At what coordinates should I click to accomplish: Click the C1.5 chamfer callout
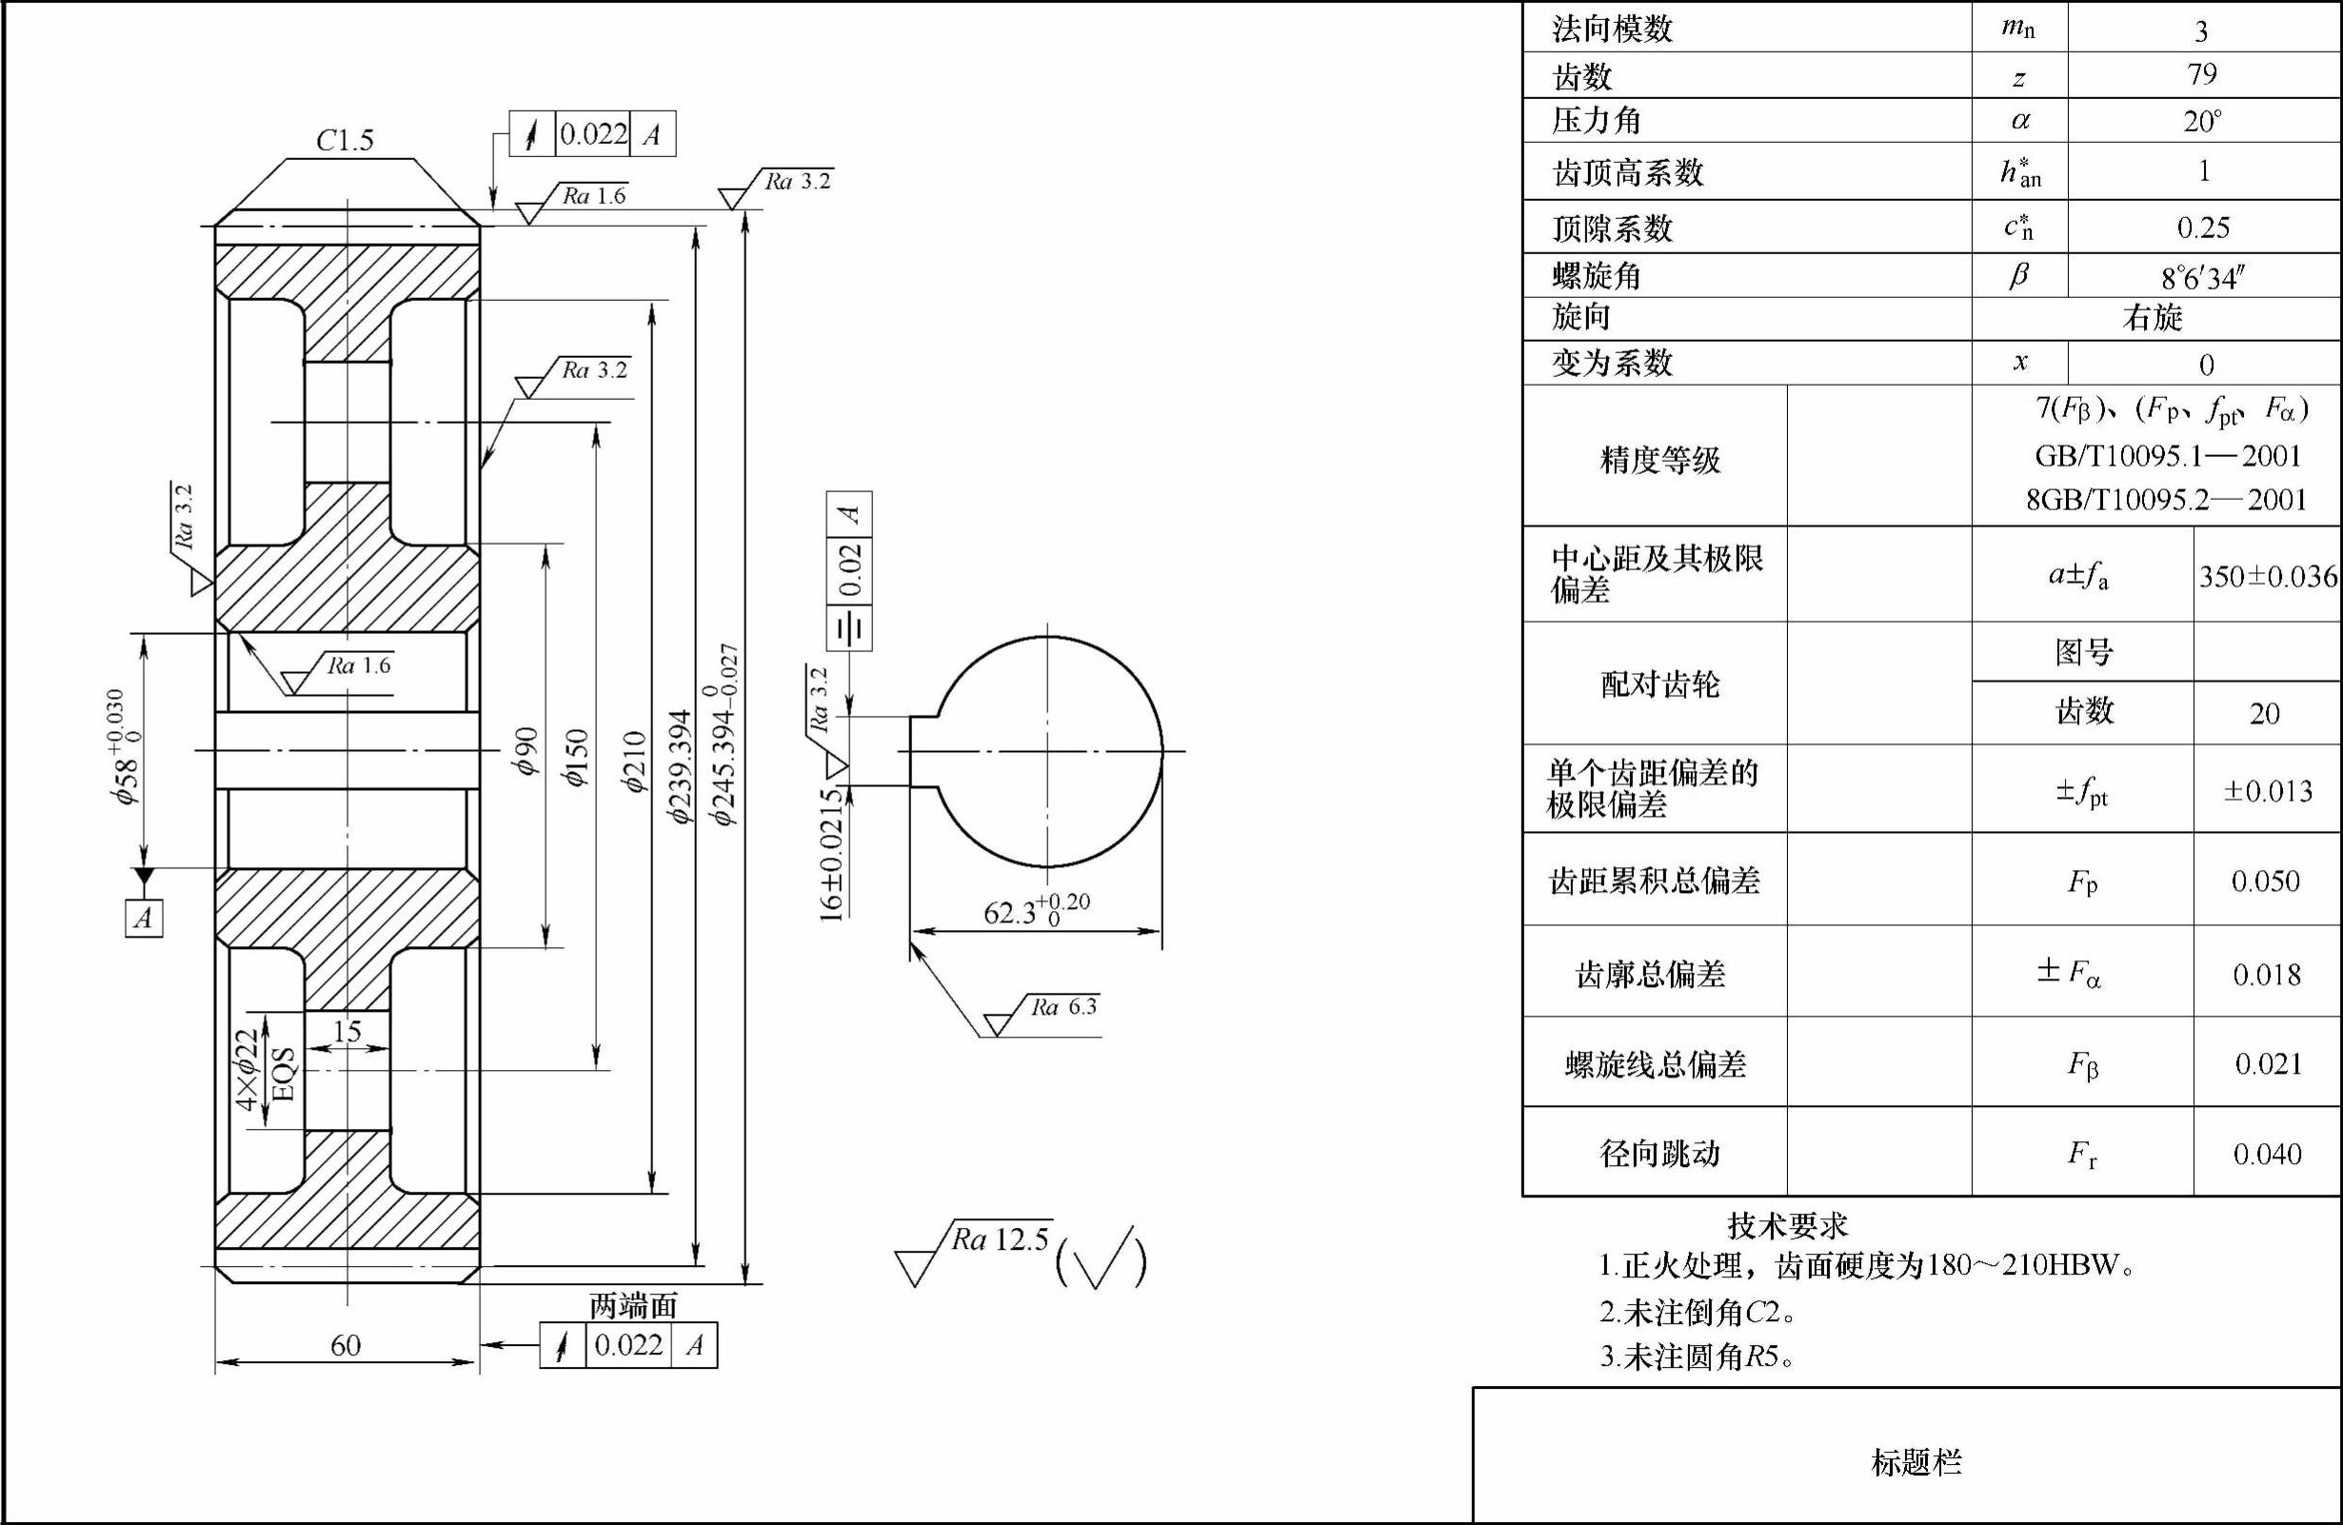345,141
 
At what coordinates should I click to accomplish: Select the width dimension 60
346,1345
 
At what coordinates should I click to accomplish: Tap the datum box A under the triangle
144,918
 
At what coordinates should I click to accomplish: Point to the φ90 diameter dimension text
526,750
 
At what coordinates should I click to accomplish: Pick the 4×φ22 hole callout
248,1069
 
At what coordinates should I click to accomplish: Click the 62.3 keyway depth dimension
1035,910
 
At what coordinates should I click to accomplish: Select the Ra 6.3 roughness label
1063,1006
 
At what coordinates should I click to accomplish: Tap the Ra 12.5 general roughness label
1000,1239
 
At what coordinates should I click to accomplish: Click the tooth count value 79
2202,75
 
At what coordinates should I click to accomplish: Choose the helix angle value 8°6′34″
2202,279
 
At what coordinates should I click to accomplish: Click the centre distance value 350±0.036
2267,576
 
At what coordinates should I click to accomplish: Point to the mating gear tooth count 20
2264,714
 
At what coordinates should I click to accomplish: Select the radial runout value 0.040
2266,1154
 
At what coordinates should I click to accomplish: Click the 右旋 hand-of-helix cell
2153,318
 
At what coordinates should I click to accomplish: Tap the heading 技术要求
1787,1226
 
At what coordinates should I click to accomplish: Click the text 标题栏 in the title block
1916,1462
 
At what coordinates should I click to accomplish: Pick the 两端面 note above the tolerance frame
633,1306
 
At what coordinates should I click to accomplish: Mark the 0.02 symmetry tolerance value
850,569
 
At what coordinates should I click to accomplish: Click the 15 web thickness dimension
347,1032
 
